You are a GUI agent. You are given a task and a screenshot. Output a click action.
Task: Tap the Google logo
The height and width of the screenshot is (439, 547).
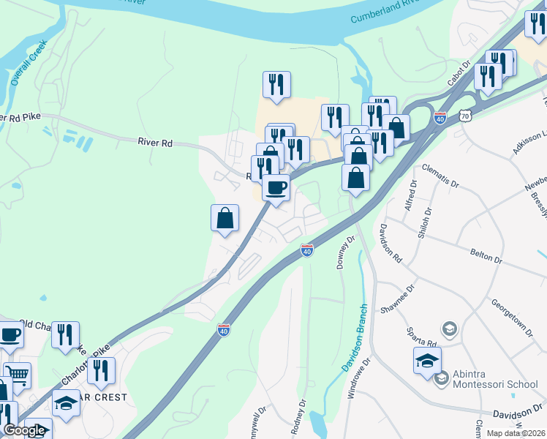tap(24, 430)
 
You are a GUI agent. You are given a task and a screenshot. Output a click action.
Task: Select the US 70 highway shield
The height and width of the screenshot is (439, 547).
tap(466, 116)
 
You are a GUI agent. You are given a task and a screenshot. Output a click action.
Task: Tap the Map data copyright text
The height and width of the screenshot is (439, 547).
tap(516, 433)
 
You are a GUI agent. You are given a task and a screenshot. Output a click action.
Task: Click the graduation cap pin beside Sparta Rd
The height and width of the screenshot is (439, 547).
tap(427, 361)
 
